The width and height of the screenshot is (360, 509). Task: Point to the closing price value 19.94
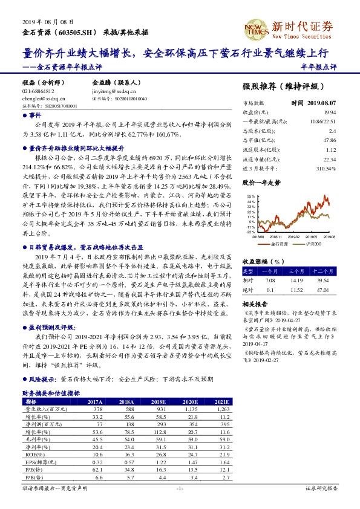347,112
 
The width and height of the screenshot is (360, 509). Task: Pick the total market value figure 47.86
346,140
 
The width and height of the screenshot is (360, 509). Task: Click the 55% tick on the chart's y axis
249,197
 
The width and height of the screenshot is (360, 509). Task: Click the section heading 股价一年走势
261,181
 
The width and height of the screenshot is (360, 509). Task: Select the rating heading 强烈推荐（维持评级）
283,86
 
